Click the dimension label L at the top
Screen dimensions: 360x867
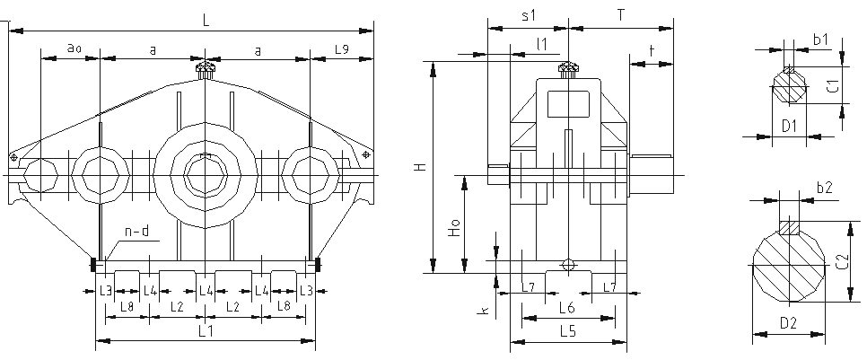point(206,21)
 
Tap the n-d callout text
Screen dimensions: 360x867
point(136,233)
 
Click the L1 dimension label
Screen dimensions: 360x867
point(205,331)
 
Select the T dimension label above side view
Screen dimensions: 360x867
point(621,15)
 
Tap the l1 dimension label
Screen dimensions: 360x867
point(542,43)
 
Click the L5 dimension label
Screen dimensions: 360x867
point(567,331)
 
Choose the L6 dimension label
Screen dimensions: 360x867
point(567,307)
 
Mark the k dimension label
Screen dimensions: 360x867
point(485,311)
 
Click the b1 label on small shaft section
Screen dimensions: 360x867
point(820,40)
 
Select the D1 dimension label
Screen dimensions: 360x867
point(790,126)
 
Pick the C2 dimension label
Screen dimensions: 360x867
point(842,261)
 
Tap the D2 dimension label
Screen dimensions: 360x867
point(788,323)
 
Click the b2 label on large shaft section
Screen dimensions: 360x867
point(825,189)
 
